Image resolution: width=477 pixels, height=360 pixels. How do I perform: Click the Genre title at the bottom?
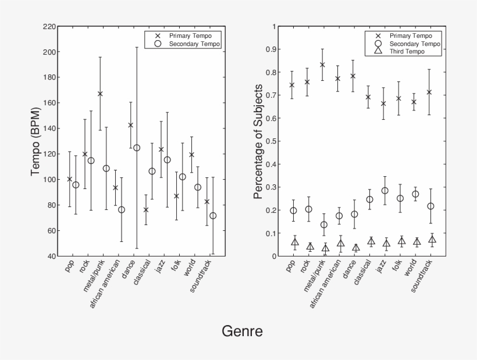click(242, 332)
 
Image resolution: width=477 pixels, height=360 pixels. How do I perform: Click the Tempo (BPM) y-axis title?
click(36, 141)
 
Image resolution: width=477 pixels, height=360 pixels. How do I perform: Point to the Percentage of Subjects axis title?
click(258, 142)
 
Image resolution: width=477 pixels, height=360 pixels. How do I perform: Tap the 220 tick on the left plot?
click(49, 27)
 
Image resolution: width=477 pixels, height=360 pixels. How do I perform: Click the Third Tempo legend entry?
click(407, 52)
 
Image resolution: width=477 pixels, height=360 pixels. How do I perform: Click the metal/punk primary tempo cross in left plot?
click(100, 94)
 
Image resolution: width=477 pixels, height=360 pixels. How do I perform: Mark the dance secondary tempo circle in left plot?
click(137, 148)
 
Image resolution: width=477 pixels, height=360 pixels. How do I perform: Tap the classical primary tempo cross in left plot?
click(146, 209)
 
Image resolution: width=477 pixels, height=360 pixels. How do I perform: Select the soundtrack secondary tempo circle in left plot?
click(213, 216)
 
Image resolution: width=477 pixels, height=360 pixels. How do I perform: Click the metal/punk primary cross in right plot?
click(322, 65)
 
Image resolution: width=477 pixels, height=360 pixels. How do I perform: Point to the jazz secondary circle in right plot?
click(385, 191)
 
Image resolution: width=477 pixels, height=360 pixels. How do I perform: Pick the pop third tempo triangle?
click(295, 243)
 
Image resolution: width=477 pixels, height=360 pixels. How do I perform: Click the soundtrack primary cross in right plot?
click(430, 92)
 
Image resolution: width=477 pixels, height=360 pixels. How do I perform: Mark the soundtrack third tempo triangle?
click(432, 240)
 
